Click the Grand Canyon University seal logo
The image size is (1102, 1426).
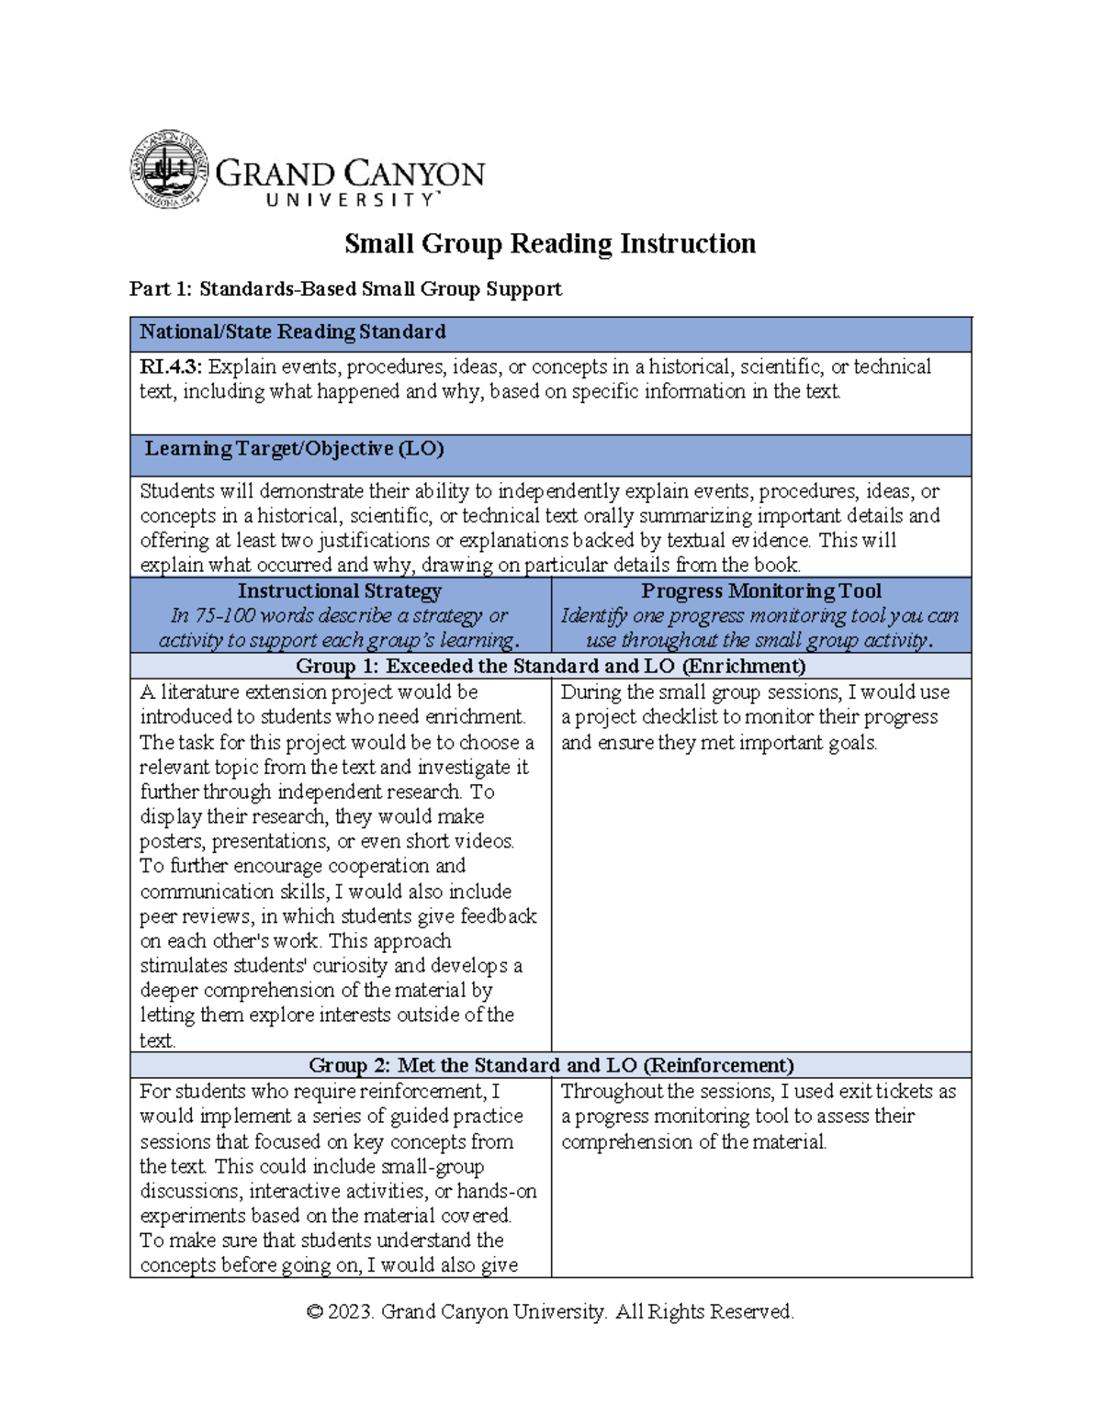[169, 169]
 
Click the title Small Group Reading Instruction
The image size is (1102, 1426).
[550, 243]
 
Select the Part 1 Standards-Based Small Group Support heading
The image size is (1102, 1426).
[345, 289]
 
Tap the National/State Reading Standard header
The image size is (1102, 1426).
[293, 332]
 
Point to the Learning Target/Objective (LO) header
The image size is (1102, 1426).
[294, 449]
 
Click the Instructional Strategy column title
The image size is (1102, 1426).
[340, 591]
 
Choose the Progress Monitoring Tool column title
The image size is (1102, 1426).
[760, 591]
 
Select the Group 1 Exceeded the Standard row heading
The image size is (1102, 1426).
[550, 667]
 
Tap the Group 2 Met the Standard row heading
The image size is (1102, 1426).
[550, 1065]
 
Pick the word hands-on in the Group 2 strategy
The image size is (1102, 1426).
[497, 1192]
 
